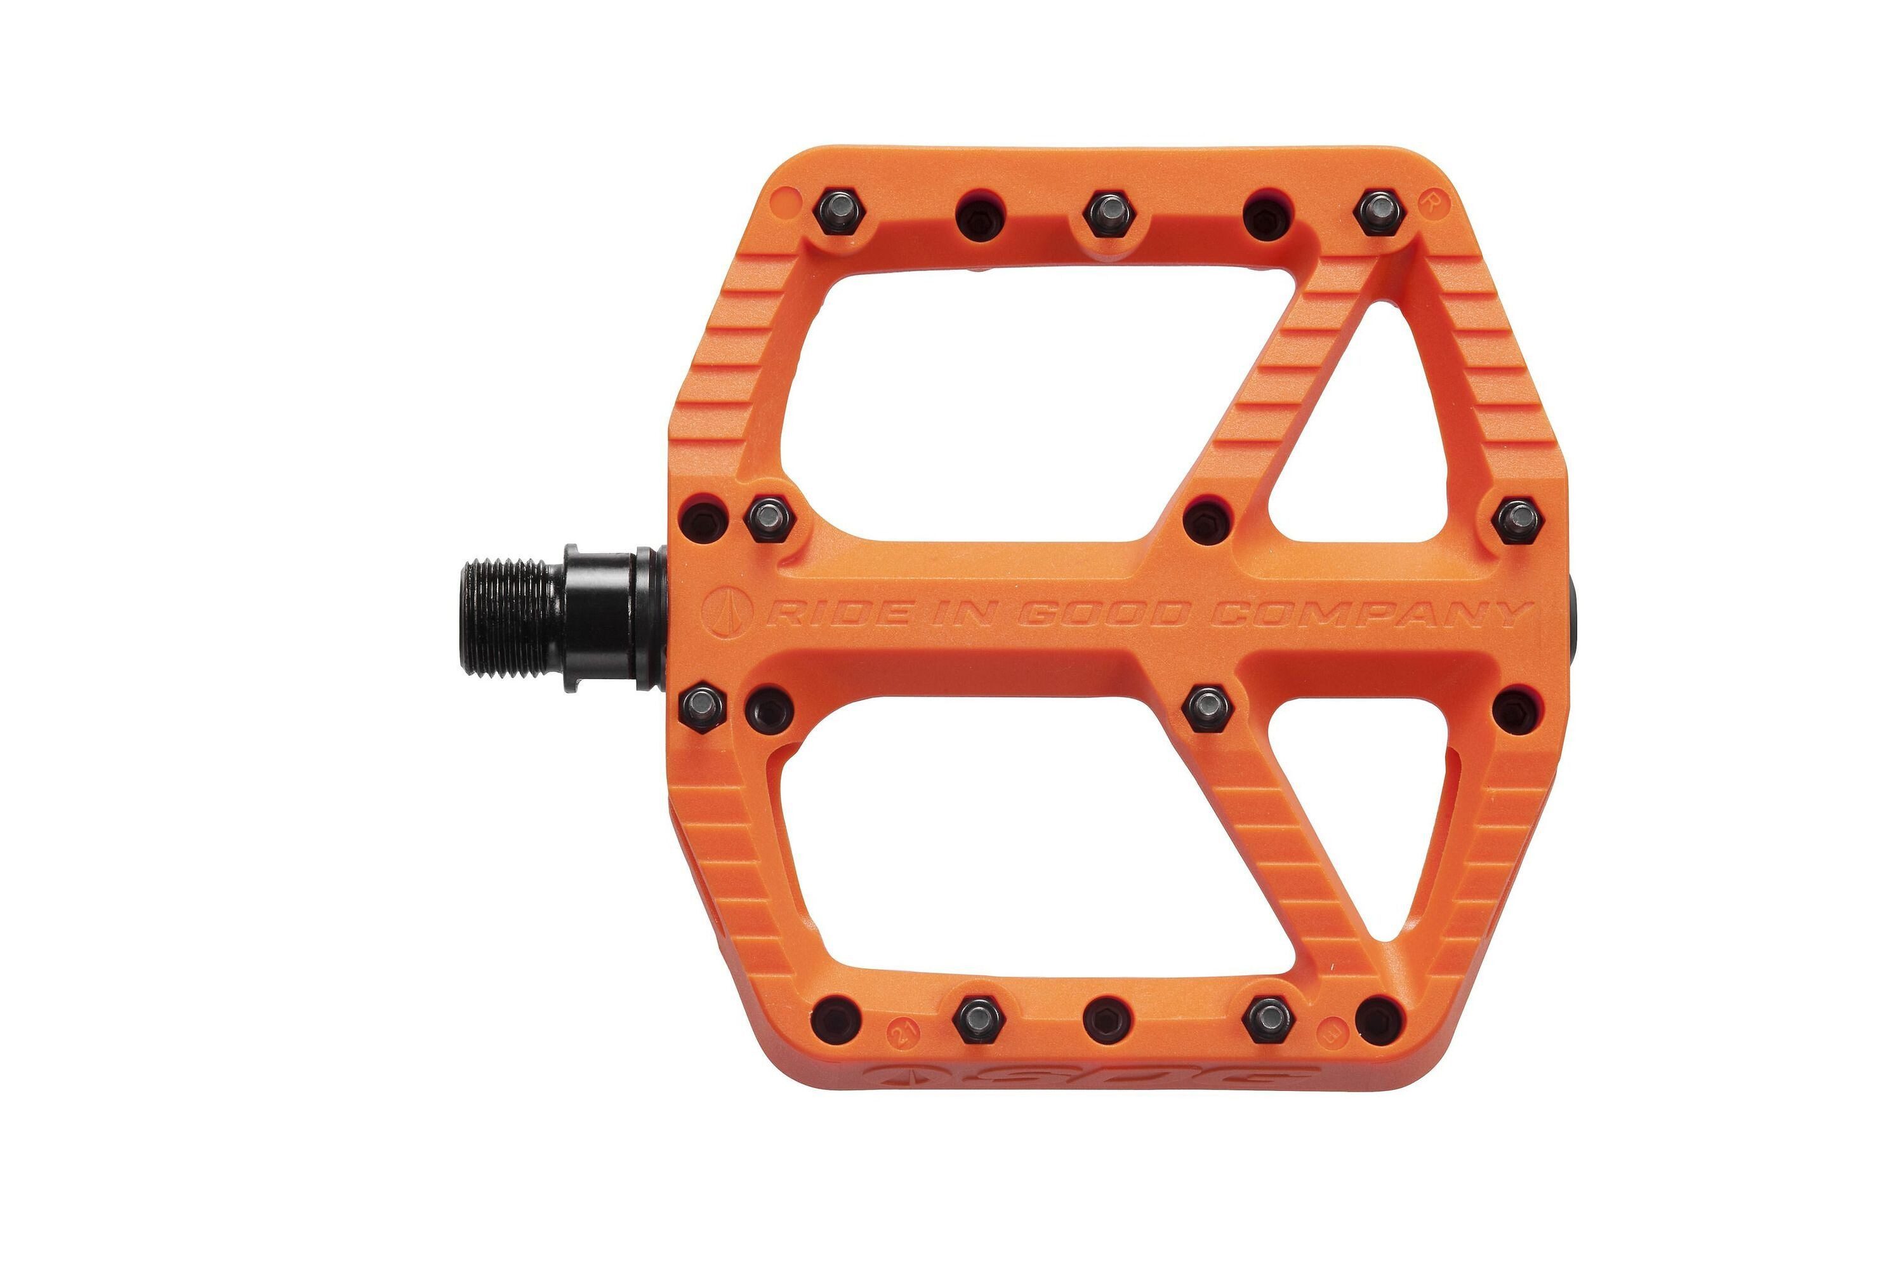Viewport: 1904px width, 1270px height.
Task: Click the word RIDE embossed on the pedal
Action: point(835,614)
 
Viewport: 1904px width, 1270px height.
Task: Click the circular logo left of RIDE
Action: point(726,614)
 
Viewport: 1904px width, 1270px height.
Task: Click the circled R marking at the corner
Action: point(1431,201)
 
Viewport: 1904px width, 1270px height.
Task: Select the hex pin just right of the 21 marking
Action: point(978,1020)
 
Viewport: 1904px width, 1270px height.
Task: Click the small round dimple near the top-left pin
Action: point(784,198)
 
